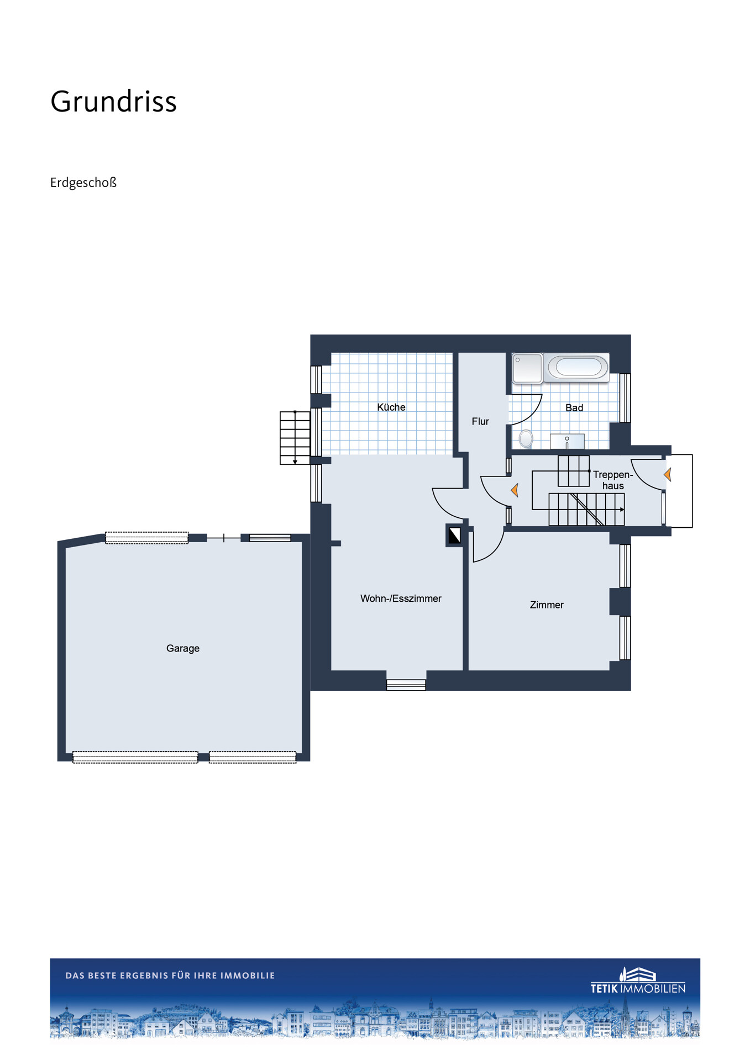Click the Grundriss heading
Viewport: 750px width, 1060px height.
113,102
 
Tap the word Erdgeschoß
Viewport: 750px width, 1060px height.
83,183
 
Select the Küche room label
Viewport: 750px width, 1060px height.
391,407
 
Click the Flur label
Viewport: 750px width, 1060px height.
480,421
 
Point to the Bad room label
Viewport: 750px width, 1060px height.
574,407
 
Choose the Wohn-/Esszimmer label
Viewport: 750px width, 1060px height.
401,598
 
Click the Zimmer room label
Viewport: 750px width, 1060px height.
547,605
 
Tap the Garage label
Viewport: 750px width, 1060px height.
183,648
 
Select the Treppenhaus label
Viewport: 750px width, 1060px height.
613,480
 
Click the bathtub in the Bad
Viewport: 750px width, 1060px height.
576,367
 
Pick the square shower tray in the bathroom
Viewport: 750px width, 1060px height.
527,368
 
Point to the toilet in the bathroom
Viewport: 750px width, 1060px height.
526,439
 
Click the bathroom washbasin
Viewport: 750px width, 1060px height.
567,442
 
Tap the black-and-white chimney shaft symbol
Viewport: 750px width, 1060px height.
454,536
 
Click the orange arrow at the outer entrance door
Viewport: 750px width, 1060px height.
668,474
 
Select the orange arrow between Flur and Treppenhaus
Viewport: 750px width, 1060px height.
515,490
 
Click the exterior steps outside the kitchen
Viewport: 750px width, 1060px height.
295,438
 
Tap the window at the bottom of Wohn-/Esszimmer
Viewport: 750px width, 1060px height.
406,685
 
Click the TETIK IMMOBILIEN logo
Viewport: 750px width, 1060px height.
638,981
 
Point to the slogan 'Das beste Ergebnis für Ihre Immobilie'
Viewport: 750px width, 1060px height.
170,976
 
